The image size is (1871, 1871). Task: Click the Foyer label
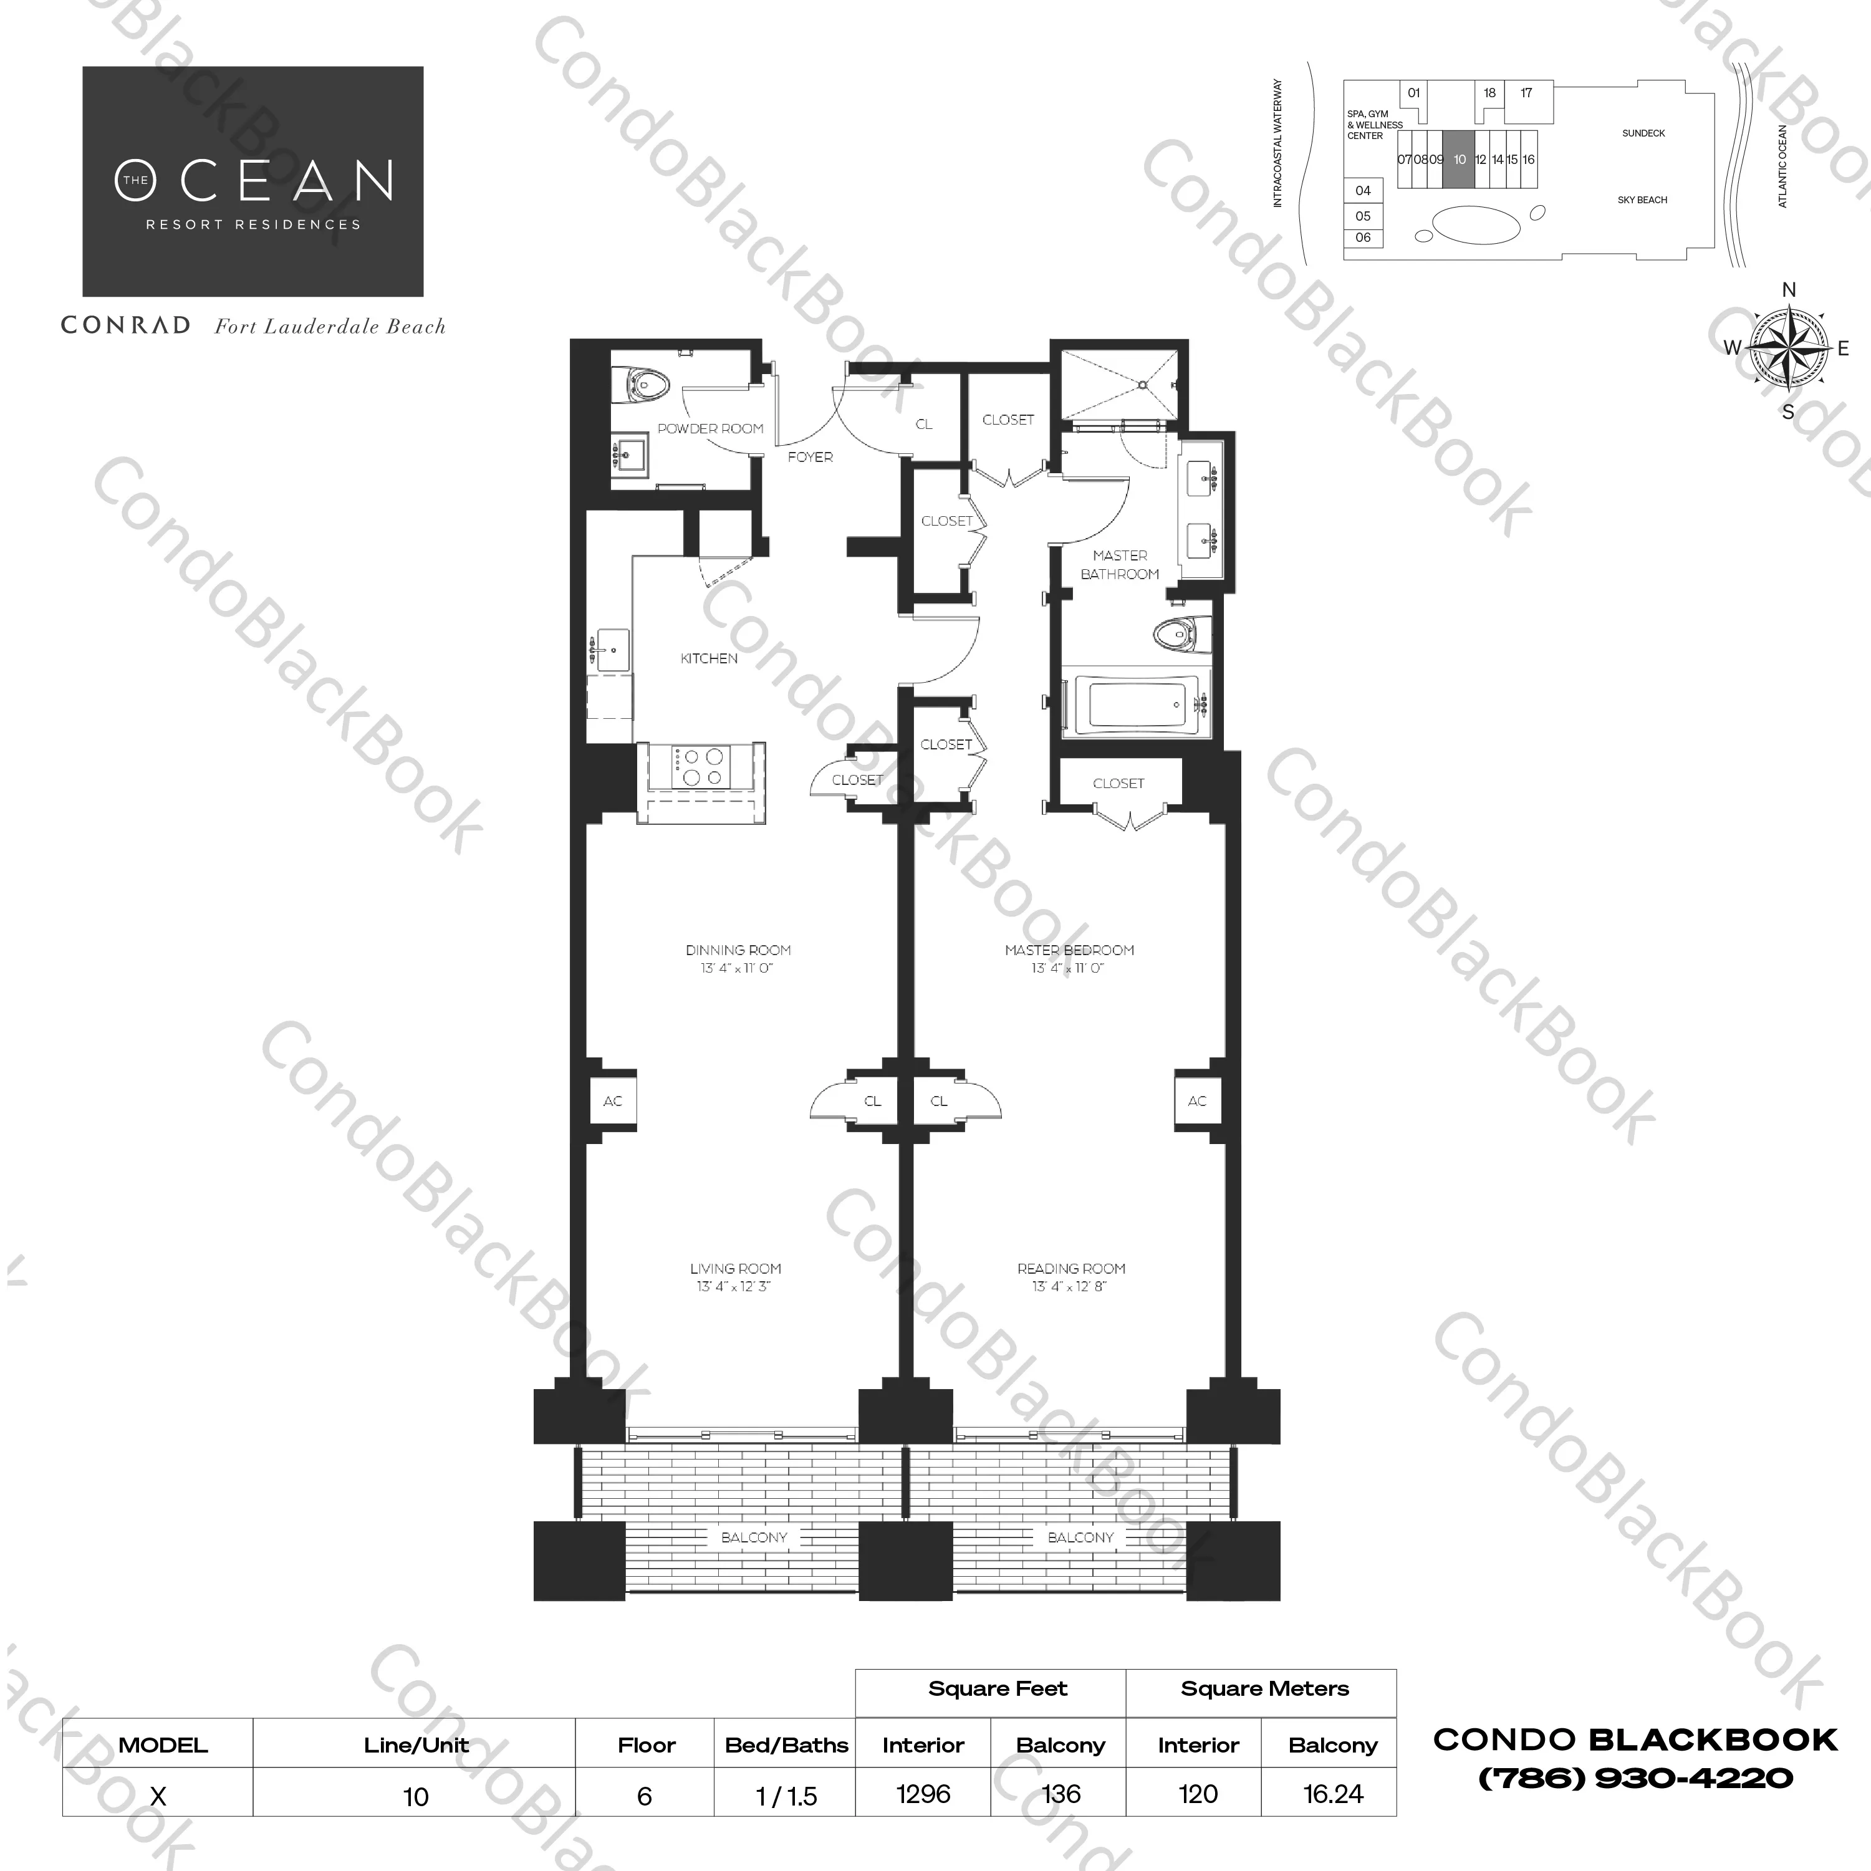tap(810, 457)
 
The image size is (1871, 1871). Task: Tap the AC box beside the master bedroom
tap(1197, 1101)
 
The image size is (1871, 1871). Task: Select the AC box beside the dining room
tap(612, 1101)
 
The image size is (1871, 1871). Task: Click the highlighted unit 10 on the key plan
tap(1460, 160)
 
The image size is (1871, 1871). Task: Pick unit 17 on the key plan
tap(1526, 93)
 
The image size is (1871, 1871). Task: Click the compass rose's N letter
tap(1789, 289)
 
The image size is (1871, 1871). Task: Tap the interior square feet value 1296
tap(923, 1794)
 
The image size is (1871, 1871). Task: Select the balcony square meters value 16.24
tap(1332, 1794)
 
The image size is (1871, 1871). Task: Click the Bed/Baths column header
tap(786, 1745)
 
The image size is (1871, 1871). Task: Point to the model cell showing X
tap(158, 1796)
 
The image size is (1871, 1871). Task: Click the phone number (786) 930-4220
tap(1636, 1779)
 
